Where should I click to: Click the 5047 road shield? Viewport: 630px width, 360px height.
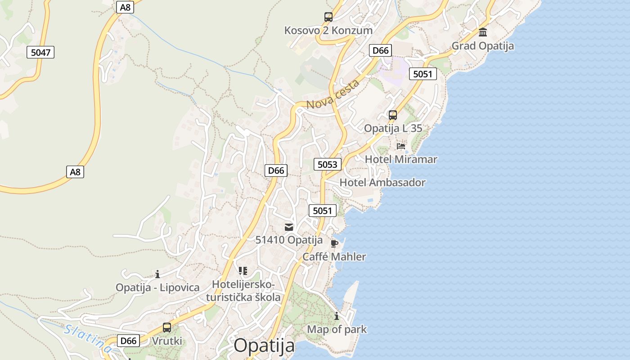coord(40,53)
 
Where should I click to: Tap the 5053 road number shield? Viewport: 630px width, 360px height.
coord(327,164)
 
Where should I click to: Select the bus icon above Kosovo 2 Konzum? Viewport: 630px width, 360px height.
coord(328,17)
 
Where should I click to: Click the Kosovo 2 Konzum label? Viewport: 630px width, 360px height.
coord(328,31)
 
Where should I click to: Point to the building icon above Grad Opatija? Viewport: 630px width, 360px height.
coord(483,32)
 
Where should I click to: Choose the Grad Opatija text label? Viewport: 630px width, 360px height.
coord(482,46)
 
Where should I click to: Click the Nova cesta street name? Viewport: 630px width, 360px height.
coord(333,94)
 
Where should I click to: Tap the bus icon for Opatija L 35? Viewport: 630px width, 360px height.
coord(393,115)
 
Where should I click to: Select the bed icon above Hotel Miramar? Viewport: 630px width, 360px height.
coord(400,146)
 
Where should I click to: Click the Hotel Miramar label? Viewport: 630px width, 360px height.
coord(400,159)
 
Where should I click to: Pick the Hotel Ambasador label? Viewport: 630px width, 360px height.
coord(382,183)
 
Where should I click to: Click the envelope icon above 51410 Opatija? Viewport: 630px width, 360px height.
coord(289,227)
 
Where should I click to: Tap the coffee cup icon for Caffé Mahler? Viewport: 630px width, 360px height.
coord(334,243)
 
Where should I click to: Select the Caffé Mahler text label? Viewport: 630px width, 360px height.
coord(334,257)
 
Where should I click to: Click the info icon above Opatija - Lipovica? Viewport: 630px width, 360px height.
coord(157,274)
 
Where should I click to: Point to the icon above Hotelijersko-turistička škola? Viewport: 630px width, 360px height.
coord(243,271)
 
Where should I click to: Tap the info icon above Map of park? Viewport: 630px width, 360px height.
coord(337,316)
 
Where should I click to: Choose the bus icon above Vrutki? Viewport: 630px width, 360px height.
coord(167,328)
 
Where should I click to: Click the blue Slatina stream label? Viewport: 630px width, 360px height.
coord(88,338)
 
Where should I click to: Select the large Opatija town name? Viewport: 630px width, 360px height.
coord(264,346)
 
